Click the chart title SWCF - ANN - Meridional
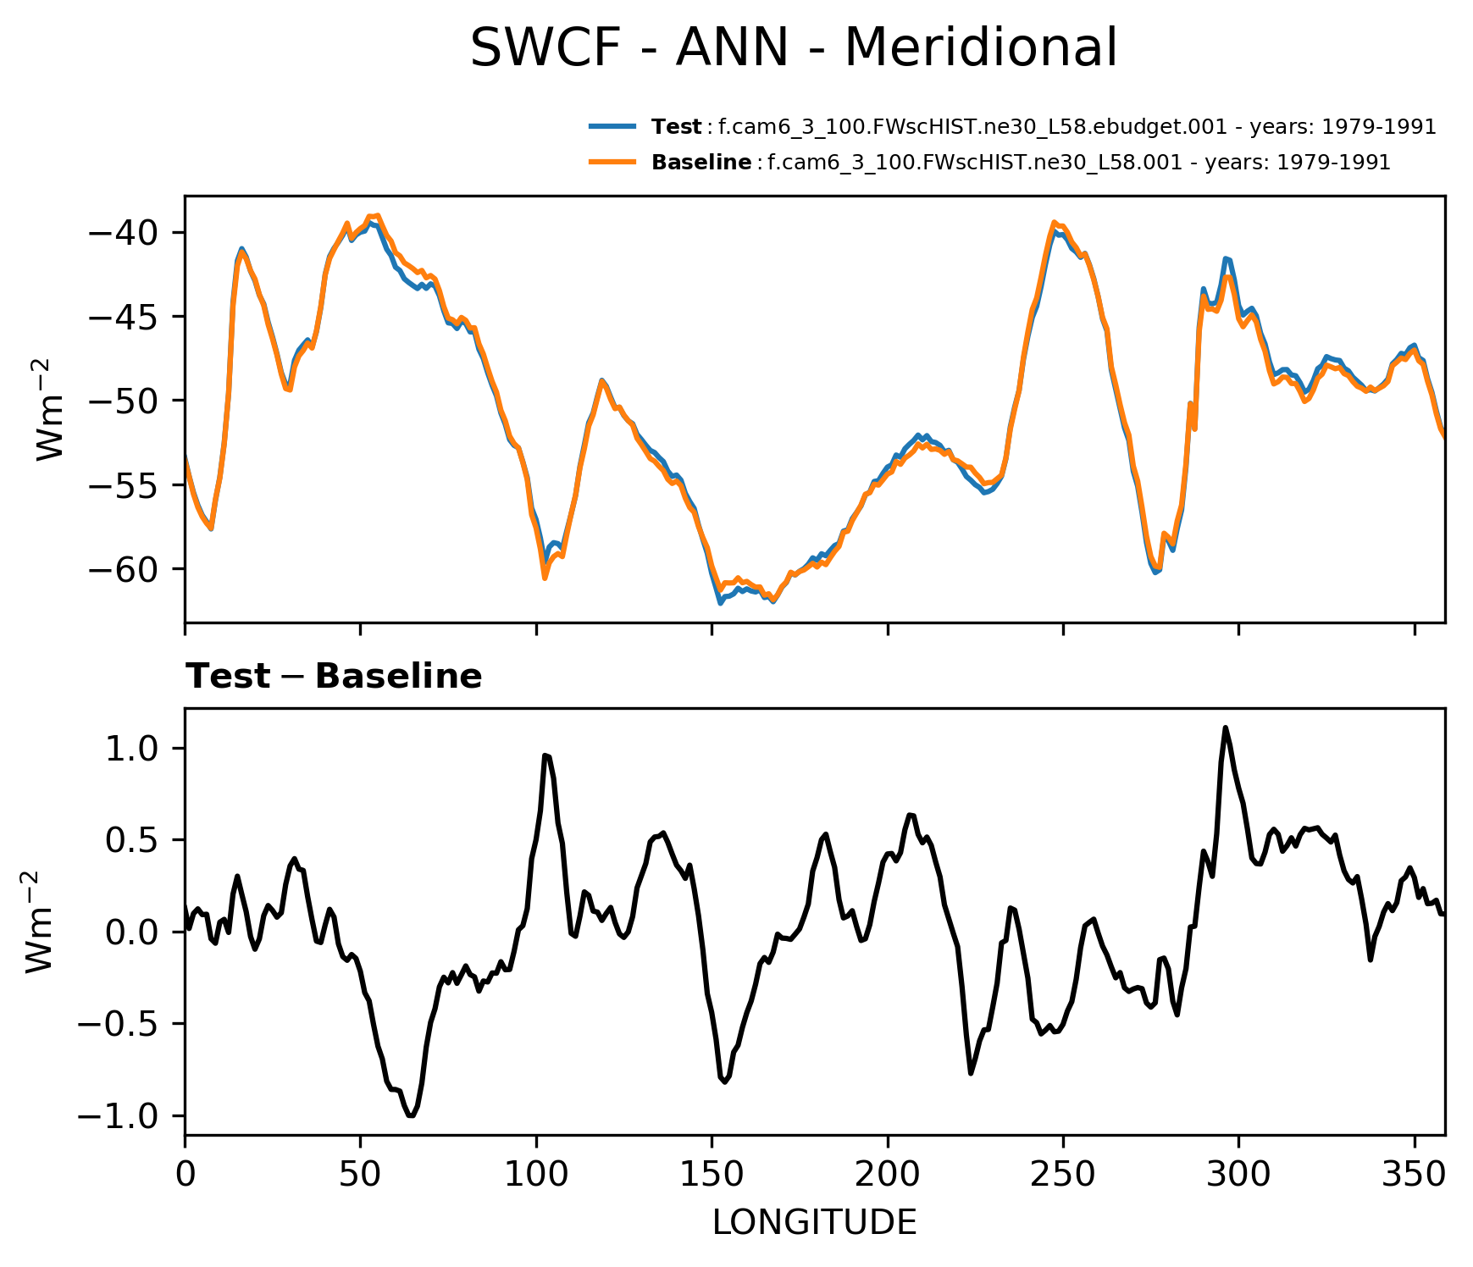794,48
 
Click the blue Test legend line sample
612,127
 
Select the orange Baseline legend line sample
612,162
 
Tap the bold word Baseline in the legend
701,163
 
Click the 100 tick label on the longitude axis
536,1175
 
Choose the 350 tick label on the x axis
1414,1175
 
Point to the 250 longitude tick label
1063,1175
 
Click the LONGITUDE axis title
814,1223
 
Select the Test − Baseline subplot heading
334,677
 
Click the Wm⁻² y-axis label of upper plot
51,409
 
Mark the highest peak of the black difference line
1225,728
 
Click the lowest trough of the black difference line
411,1115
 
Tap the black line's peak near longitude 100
545,755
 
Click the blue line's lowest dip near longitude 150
720,603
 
